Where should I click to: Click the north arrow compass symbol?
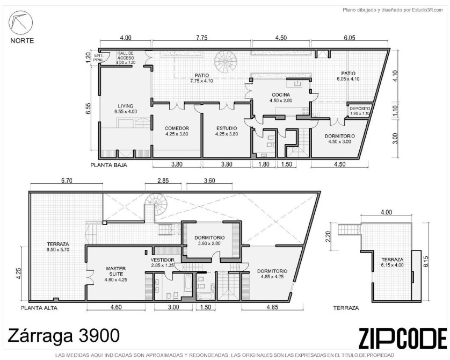[20, 23]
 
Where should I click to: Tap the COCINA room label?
[281, 95]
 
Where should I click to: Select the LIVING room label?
[126, 106]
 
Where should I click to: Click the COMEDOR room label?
[177, 128]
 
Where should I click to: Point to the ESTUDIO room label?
[227, 128]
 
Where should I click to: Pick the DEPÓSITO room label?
[360, 109]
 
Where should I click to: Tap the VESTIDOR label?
[162, 260]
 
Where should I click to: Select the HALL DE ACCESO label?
[126, 55]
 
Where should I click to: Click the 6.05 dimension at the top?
[349, 38]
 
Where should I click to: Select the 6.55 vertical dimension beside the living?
[88, 108]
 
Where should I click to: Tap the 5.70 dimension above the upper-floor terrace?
[66, 181]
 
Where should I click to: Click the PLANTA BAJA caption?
[109, 165]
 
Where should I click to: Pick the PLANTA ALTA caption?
[39, 308]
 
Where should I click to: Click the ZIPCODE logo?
[402, 339]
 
